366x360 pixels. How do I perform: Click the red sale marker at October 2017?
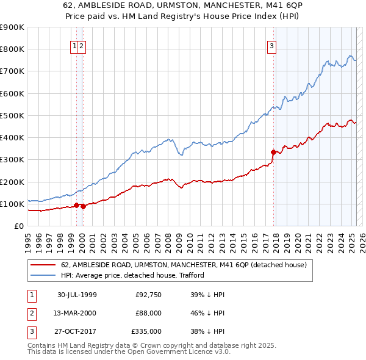(273, 152)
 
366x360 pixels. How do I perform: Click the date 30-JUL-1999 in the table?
(77, 295)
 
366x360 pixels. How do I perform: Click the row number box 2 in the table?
(30, 314)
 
